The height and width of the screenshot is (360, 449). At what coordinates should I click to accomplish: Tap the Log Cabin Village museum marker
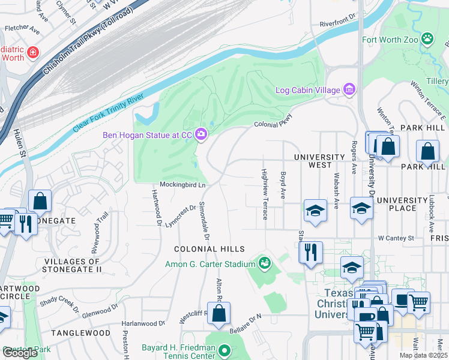349,90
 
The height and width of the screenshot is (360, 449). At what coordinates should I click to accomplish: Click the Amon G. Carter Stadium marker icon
264,263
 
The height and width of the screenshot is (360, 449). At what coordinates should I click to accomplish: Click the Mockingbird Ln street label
182,185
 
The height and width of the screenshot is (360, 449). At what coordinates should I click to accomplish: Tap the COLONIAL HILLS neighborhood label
209,249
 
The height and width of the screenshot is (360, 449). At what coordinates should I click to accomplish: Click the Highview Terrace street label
264,194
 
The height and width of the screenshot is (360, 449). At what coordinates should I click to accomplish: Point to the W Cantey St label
396,238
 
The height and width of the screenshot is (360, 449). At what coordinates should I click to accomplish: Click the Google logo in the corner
20,353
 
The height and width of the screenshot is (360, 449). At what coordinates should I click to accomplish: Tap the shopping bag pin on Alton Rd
220,313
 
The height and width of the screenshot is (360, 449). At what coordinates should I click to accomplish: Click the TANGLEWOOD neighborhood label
80,332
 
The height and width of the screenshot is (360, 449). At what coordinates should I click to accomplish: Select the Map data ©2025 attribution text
423,355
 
